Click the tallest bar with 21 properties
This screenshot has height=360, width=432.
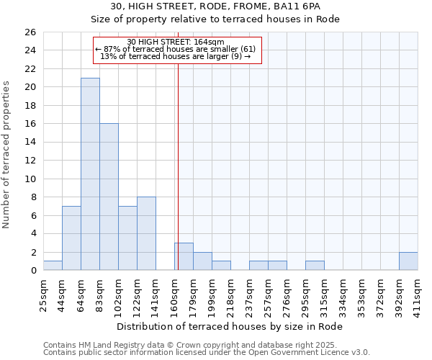[90, 174]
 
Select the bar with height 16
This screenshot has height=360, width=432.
[109, 197]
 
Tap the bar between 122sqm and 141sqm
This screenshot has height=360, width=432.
[146, 233]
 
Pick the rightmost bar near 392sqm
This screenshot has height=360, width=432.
[408, 261]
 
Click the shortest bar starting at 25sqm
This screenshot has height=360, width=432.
[53, 266]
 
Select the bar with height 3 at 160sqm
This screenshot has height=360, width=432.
[184, 257]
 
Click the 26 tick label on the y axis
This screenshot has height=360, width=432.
[30, 32]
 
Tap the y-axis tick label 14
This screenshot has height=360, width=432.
[30, 143]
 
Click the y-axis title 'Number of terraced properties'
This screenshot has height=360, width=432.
[7, 155]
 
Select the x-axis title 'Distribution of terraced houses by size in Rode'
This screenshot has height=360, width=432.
[230, 326]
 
